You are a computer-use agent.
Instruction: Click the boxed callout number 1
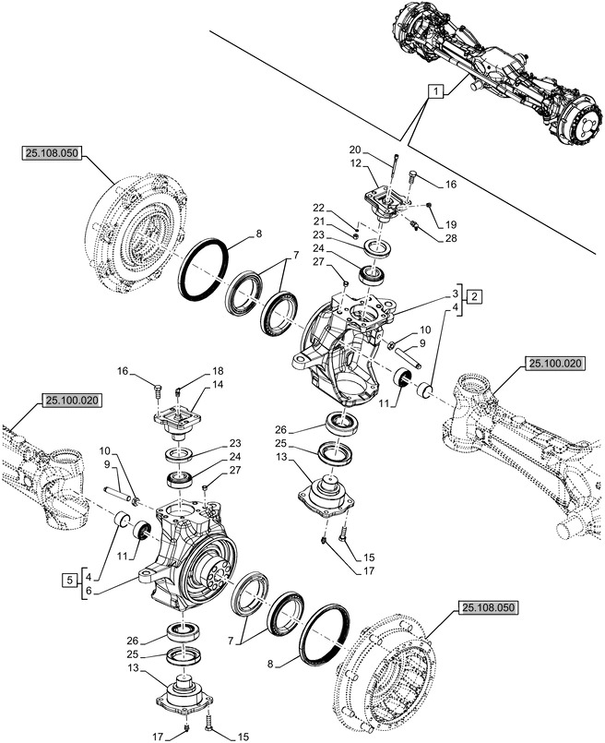pyautogui.click(x=435, y=91)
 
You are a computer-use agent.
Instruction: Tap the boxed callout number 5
pyautogui.click(x=69, y=580)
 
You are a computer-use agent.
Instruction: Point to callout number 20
pyautogui.click(x=354, y=150)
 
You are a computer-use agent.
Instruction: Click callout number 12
pyautogui.click(x=354, y=163)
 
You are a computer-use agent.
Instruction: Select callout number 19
pyautogui.click(x=451, y=224)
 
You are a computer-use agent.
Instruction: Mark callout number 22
pyautogui.click(x=318, y=207)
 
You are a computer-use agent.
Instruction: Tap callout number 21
pyautogui.click(x=318, y=221)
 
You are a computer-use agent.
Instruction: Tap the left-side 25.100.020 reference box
pyautogui.click(x=70, y=401)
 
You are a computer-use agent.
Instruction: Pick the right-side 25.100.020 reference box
pyautogui.click(x=556, y=366)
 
